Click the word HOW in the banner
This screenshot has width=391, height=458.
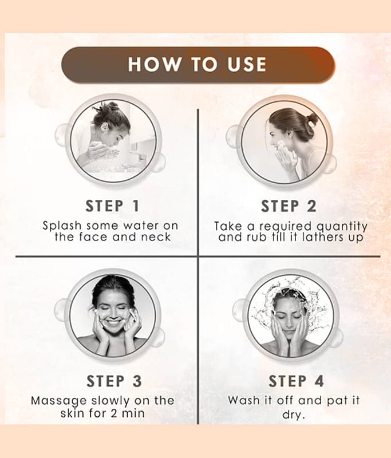coord(155,64)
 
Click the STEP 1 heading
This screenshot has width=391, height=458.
coord(112,206)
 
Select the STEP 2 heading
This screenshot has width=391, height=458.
coord(289,206)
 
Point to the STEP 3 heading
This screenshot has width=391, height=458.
coord(114,381)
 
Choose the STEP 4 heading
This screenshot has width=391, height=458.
coord(296,381)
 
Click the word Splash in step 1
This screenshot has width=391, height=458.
coord(62,226)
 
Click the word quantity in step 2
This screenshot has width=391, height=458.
coord(342,227)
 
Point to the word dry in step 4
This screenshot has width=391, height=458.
coord(293,414)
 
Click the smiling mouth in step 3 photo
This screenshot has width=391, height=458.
coord(113,323)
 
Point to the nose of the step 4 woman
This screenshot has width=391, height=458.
coord(289,324)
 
